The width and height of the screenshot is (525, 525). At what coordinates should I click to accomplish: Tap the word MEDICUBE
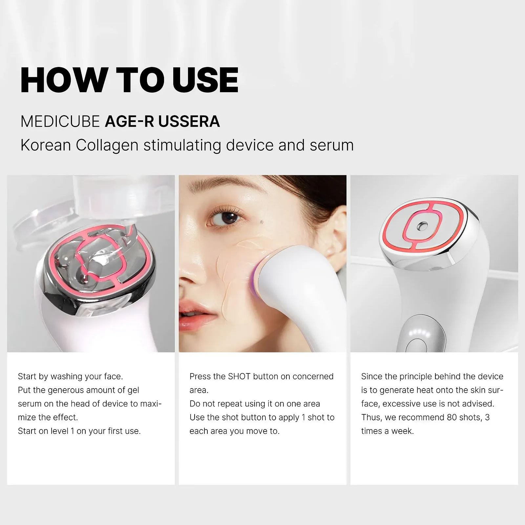tap(60, 121)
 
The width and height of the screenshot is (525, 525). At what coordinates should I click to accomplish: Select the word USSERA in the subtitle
tap(189, 121)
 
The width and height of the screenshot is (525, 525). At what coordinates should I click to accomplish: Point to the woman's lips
tap(194, 315)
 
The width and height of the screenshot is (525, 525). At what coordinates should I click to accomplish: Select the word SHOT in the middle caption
tap(239, 376)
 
